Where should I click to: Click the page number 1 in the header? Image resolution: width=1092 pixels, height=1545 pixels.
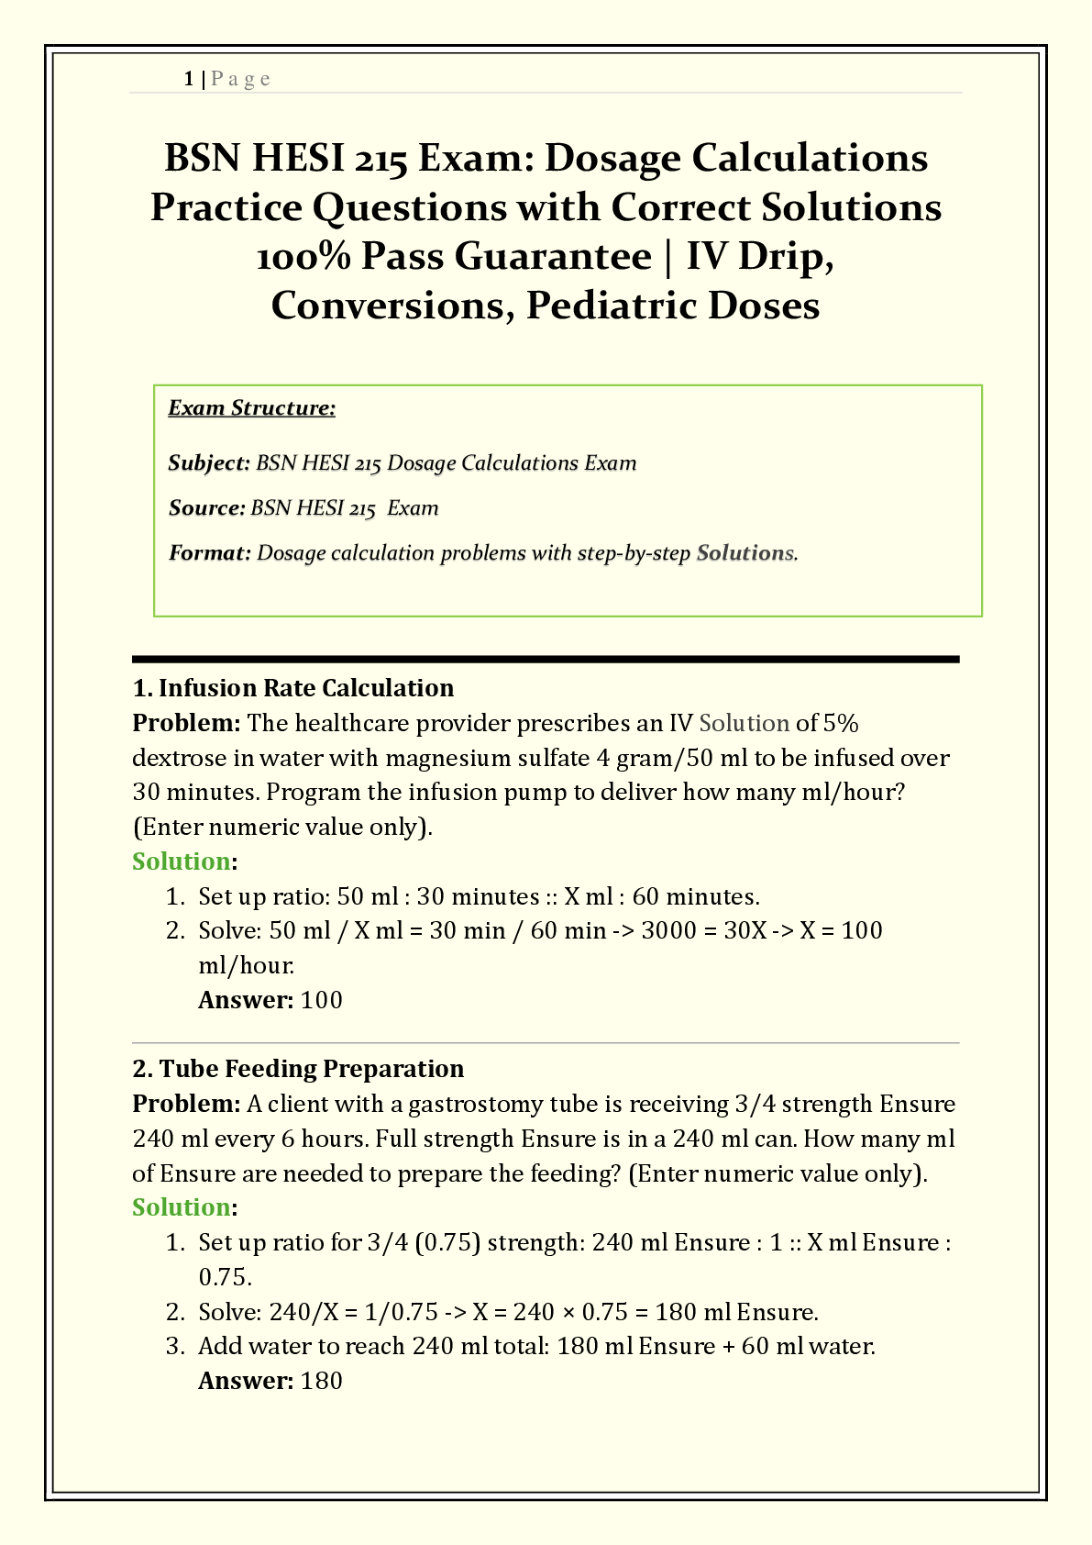[x=188, y=79]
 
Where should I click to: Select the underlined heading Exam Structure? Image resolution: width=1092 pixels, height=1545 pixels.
[x=251, y=408]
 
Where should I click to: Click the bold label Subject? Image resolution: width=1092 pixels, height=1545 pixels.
[x=208, y=463]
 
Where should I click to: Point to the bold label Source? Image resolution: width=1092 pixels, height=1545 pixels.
[x=206, y=508]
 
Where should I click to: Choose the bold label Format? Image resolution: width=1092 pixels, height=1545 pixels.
[x=209, y=553]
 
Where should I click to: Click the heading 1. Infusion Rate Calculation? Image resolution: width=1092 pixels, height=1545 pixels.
[x=293, y=688]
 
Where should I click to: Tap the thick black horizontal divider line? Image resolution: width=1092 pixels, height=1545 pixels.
[x=546, y=659]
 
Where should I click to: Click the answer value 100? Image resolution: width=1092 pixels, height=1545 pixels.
[x=321, y=1000]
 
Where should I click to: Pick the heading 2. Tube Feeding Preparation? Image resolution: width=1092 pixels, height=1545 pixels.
[x=298, y=1069]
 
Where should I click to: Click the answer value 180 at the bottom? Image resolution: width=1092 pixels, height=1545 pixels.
[x=321, y=1381]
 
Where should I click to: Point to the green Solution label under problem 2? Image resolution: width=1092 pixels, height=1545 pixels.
[x=181, y=1207]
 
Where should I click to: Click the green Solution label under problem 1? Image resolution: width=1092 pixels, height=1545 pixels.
[x=181, y=861]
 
